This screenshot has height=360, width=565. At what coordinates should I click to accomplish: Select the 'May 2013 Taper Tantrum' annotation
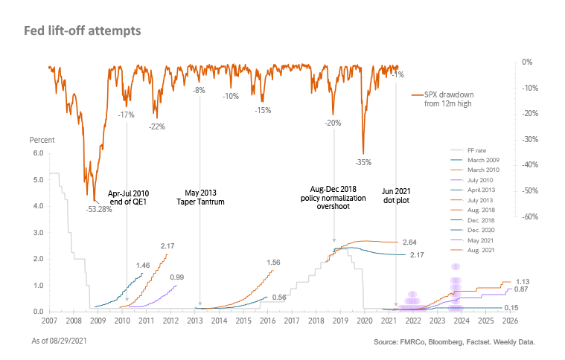200,196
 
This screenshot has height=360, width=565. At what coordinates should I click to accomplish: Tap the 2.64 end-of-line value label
411,242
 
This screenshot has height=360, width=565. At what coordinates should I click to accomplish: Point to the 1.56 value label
273,263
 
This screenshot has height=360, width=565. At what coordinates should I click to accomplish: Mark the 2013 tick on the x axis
195,321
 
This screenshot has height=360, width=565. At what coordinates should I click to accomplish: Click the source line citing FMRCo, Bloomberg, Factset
455,342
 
